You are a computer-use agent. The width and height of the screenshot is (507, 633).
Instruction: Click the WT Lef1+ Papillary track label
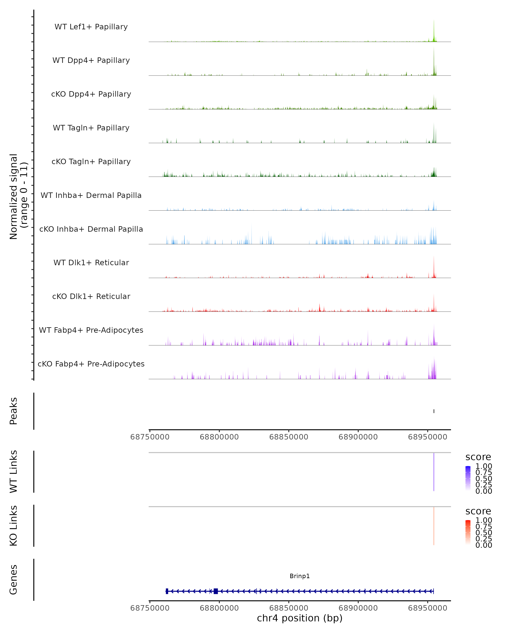click(x=91, y=27)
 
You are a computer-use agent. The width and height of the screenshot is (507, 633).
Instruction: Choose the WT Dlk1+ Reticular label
click(x=91, y=262)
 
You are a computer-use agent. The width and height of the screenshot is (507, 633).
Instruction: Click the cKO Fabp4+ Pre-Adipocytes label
click(x=91, y=364)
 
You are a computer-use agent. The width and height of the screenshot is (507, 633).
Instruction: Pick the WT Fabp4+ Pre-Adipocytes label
click(x=91, y=330)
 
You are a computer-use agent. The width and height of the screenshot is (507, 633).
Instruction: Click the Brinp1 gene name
click(x=300, y=576)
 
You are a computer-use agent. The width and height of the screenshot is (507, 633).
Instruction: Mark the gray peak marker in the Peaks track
click(x=434, y=411)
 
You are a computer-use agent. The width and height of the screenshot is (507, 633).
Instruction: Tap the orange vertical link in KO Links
click(x=433, y=526)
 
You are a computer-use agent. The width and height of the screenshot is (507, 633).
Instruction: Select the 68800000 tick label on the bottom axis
click(x=219, y=608)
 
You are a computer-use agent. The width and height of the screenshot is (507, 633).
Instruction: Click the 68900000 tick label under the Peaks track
click(x=358, y=437)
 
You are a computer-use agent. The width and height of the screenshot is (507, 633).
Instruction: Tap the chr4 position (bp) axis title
click(x=300, y=618)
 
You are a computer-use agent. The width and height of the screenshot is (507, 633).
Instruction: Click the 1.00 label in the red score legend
click(x=484, y=520)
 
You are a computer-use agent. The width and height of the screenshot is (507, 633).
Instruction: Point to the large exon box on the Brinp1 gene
click(x=216, y=591)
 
